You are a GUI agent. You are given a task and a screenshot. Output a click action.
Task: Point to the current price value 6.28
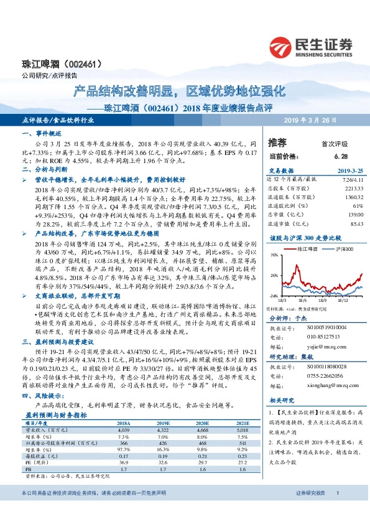click(x=339, y=156)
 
